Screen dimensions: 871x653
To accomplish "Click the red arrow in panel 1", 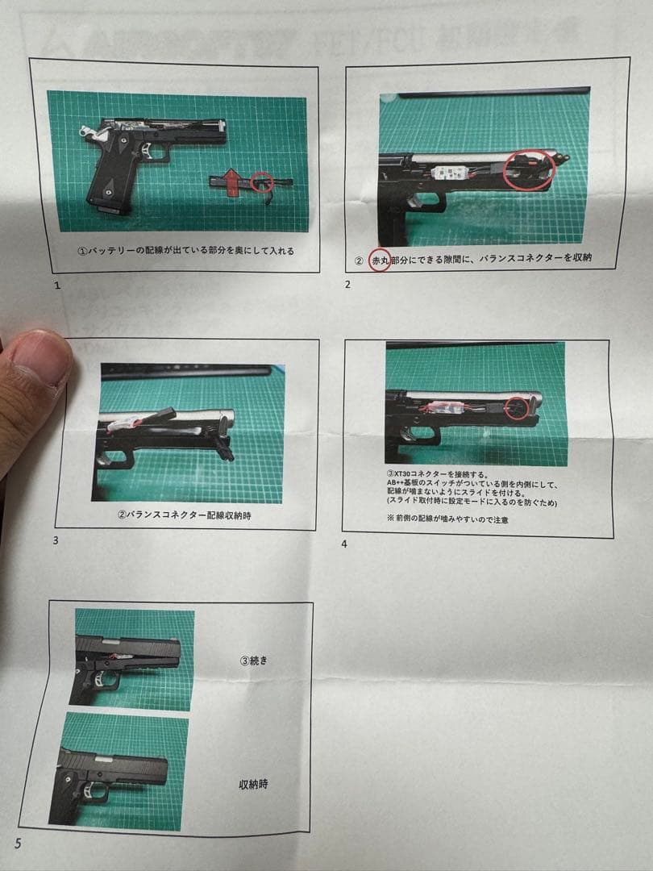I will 232,181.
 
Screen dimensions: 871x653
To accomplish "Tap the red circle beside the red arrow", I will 260,182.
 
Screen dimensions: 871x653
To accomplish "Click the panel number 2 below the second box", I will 347,285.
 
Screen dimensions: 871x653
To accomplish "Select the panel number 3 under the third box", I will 55,540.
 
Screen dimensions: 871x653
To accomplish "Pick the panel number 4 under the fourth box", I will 344,544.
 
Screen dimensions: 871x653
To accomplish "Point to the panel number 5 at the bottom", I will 18,844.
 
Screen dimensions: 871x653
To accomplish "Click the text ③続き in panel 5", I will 252,660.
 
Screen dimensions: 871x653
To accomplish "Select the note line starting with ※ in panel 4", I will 447,519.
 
